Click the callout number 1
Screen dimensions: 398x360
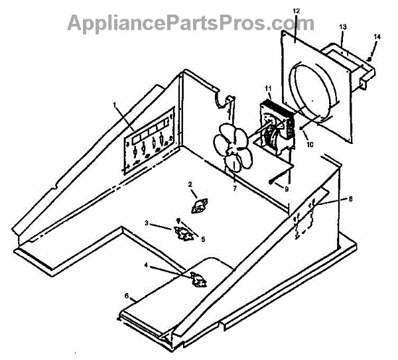point(114,105)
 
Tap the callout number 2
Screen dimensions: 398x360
point(190,184)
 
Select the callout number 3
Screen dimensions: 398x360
point(146,223)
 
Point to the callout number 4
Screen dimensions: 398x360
point(147,267)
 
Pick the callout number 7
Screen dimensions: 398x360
point(234,189)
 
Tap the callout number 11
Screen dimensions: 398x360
point(268,88)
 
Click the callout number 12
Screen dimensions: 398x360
point(296,11)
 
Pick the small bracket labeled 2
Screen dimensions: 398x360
point(198,207)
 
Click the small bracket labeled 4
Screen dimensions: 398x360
point(197,280)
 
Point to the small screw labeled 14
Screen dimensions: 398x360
point(369,58)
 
